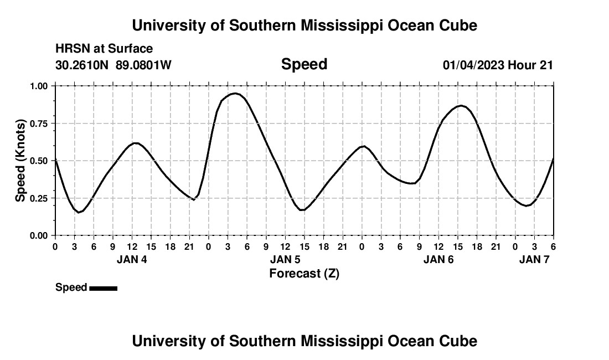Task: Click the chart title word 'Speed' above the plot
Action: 304,64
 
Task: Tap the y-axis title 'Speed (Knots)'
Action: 20,161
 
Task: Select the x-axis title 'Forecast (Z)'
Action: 304,273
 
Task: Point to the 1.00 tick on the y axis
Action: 39,86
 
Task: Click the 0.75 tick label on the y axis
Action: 39,124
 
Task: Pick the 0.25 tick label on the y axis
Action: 39,198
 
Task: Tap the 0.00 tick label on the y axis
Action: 39,236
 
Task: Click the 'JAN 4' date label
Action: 132,259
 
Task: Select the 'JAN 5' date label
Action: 285,259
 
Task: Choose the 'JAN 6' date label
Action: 438,259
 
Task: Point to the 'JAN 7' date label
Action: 534,259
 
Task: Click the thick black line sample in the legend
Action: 103,288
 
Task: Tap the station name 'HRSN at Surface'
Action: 104,49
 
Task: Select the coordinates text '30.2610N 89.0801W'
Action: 113,65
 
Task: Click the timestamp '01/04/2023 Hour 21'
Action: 498,65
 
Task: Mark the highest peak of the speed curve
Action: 235,93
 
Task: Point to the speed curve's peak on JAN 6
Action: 461,105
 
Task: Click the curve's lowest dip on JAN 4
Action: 79,212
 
